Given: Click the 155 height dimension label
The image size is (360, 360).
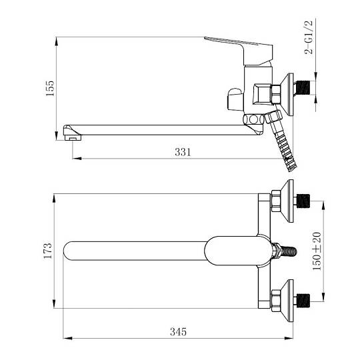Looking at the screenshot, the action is (50, 89).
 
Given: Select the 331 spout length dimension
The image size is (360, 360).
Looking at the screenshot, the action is (183, 152).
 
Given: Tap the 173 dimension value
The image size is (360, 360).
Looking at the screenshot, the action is (48, 251).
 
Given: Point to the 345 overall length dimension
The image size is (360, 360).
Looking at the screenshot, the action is (178, 332).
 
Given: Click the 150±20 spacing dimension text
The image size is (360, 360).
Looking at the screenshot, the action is (317, 251).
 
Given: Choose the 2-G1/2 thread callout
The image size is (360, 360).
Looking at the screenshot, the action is (309, 37).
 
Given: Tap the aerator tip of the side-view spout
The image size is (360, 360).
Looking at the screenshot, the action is (73, 137).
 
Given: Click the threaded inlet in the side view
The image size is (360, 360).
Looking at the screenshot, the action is (303, 87).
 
